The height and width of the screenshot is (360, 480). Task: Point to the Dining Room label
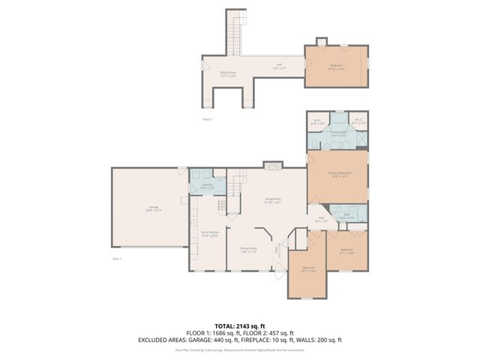(x=248, y=250)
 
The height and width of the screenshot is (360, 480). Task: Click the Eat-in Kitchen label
(x=209, y=234)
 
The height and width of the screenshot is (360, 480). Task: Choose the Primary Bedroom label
(x=339, y=174)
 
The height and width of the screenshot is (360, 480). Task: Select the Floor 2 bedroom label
(x=336, y=66)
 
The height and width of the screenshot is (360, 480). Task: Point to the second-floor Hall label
(x=279, y=66)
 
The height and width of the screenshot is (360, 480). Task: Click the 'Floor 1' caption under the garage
(x=116, y=258)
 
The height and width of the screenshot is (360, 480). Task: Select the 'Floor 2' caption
(x=207, y=119)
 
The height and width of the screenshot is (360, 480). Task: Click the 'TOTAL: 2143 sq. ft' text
(x=239, y=325)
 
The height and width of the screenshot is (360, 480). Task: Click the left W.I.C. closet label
(x=317, y=121)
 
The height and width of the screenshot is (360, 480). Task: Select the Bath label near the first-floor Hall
(x=346, y=216)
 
